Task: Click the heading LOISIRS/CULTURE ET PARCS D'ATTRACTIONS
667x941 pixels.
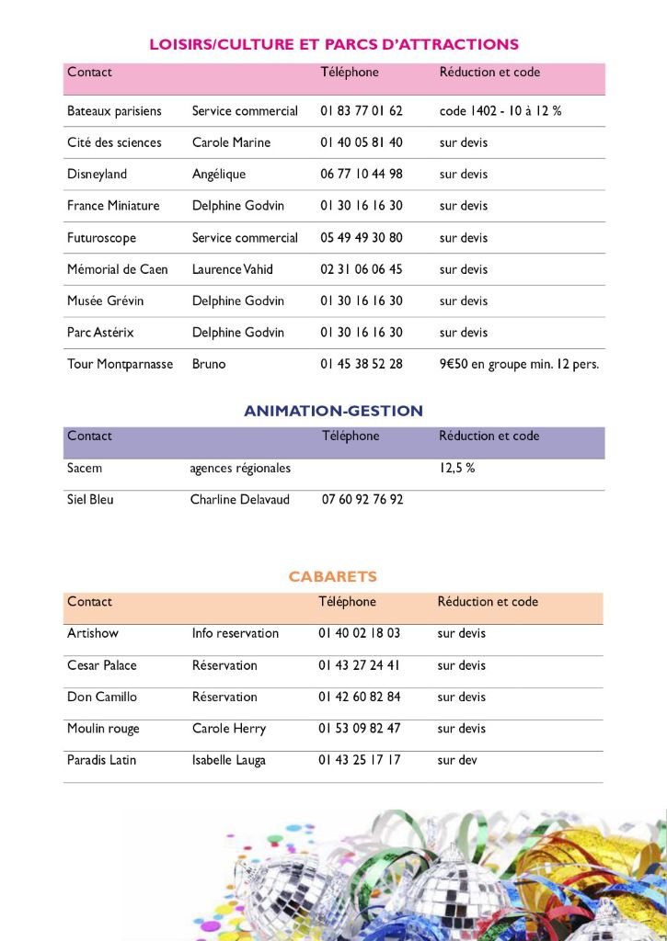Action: click(333, 44)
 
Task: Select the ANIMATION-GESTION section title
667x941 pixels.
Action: click(333, 411)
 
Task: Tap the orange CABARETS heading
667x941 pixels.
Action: click(333, 577)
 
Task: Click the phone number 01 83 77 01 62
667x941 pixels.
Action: click(362, 111)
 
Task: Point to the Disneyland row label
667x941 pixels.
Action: click(97, 175)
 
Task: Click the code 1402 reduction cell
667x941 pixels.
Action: click(500, 111)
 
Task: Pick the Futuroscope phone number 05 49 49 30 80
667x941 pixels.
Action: click(362, 238)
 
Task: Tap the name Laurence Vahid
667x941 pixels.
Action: click(232, 269)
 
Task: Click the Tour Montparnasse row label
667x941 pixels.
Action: click(120, 364)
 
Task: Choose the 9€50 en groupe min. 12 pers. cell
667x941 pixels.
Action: click(519, 364)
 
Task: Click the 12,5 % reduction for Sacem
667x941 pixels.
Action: click(456, 469)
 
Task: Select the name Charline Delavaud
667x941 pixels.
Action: click(239, 500)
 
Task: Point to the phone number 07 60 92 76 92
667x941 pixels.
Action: click(362, 500)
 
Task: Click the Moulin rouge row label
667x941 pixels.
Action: click(103, 729)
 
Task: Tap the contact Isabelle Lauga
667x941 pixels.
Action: click(228, 761)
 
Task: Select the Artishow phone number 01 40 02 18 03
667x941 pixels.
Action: click(360, 633)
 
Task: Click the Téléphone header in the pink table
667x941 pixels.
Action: click(350, 73)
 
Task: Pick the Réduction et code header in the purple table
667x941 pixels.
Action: click(489, 436)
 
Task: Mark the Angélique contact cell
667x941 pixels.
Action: click(219, 175)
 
